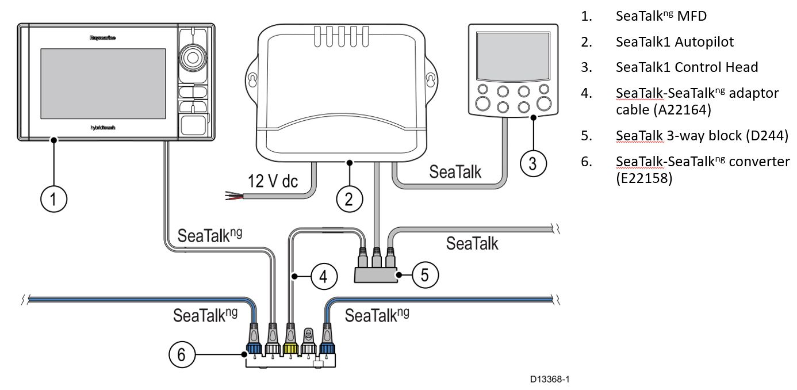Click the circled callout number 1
(x=53, y=200)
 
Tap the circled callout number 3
(x=533, y=163)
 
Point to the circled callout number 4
(x=324, y=277)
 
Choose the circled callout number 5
(x=424, y=275)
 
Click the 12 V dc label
(x=273, y=181)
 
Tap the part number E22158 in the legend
(x=643, y=178)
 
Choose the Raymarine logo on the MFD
(x=103, y=38)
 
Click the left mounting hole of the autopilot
(x=251, y=78)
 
